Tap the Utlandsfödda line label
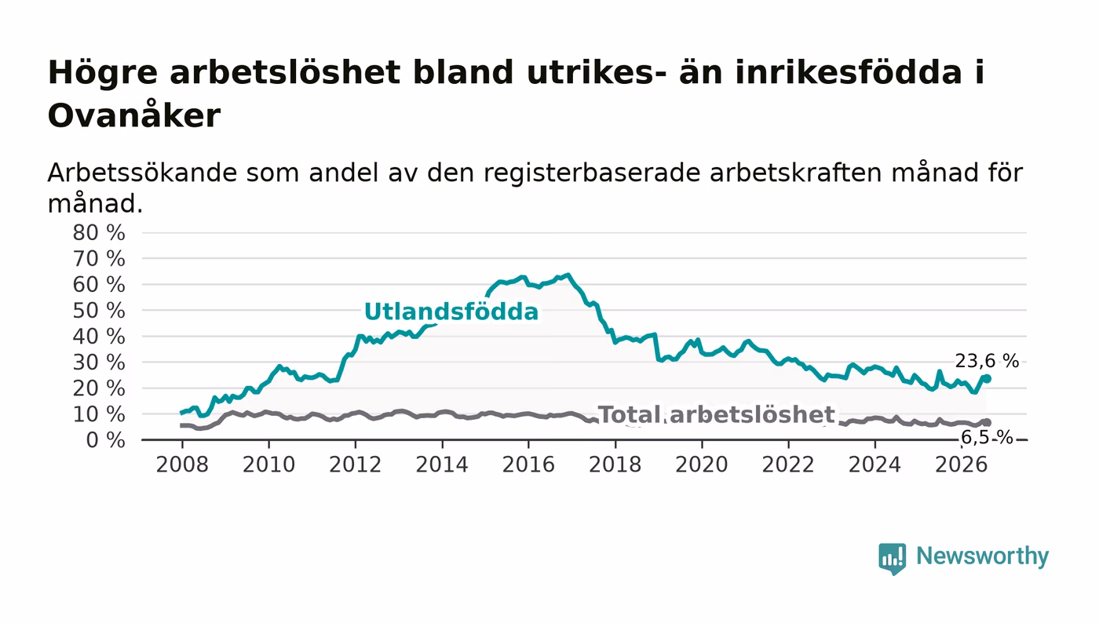(x=451, y=311)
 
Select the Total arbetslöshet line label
(x=716, y=414)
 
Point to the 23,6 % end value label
(x=987, y=361)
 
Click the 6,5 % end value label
(x=987, y=437)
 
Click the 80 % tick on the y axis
(x=99, y=232)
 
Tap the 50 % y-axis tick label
(x=99, y=311)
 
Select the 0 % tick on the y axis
(x=105, y=440)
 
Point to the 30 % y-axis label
(x=99, y=363)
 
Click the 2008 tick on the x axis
(x=182, y=465)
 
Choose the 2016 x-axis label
(x=528, y=465)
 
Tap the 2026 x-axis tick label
(x=961, y=465)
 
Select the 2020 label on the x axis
(x=702, y=465)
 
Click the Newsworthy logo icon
(x=892, y=558)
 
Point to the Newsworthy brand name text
(x=982, y=556)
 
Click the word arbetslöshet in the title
(x=285, y=72)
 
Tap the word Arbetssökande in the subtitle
(x=142, y=172)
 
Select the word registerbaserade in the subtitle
(x=591, y=172)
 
